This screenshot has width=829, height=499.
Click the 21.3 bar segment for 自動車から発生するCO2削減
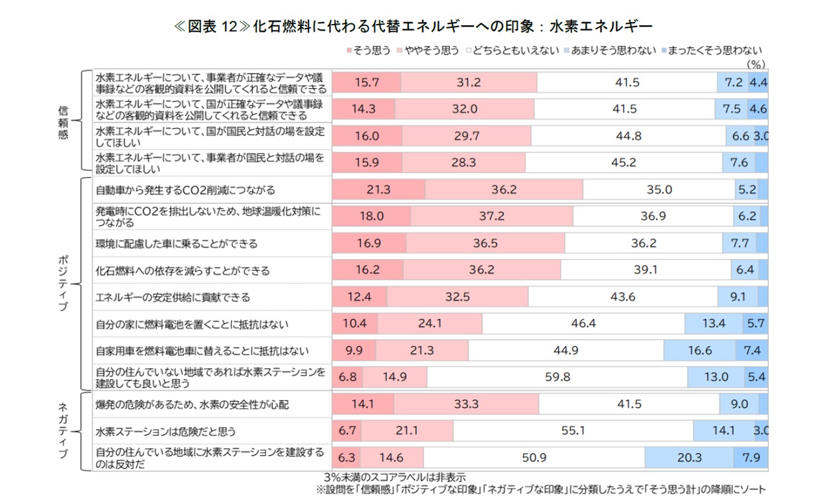379,190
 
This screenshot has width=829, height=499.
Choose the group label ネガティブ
63,430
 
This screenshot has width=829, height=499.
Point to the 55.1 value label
573,430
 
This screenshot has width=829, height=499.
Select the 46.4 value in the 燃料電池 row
583,323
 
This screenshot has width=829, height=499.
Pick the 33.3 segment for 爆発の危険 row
466,404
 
